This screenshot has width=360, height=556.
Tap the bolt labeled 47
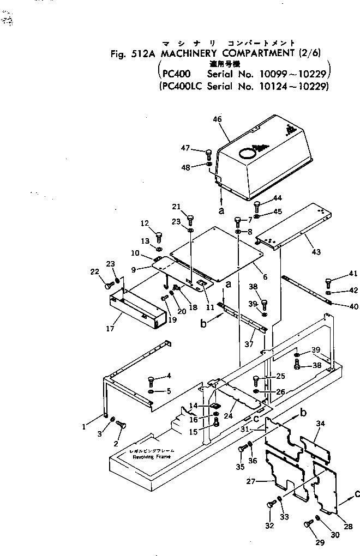tap(208, 154)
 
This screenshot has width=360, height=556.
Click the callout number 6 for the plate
tap(265, 277)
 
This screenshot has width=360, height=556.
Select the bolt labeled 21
tap(190, 220)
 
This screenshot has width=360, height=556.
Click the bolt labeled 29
tap(308, 525)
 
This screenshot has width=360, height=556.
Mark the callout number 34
tap(321, 423)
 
